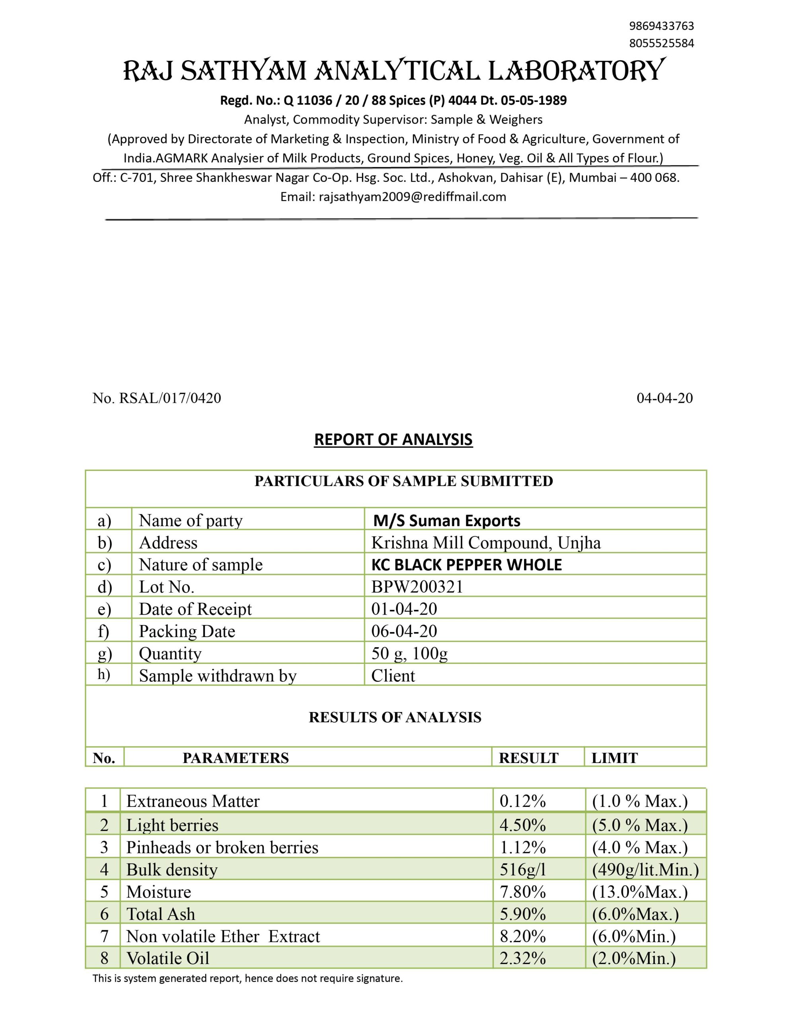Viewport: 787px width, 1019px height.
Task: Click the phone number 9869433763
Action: [661, 25]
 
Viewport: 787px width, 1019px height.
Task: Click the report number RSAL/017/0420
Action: [170, 398]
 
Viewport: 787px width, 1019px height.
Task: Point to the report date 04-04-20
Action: [664, 398]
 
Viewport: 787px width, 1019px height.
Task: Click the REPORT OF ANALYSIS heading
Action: [393, 439]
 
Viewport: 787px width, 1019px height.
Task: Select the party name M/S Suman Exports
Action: [446, 521]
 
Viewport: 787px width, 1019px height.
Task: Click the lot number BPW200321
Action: [417, 587]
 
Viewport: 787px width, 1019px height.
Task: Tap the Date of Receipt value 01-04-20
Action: [404, 609]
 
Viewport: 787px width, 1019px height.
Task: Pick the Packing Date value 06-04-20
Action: [404, 631]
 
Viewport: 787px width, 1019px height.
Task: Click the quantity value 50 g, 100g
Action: [409, 654]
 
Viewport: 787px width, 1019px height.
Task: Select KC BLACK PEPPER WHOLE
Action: [466, 565]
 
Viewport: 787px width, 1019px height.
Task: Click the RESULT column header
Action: [528, 758]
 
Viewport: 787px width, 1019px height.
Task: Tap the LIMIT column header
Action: [614, 758]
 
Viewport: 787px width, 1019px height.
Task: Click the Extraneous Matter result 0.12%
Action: [522, 802]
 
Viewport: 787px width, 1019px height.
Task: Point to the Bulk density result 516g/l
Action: [522, 870]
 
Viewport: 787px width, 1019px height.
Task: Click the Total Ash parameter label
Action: [161, 914]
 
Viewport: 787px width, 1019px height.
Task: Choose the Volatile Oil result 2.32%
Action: [522, 958]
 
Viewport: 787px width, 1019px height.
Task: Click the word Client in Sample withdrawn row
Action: [393, 676]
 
